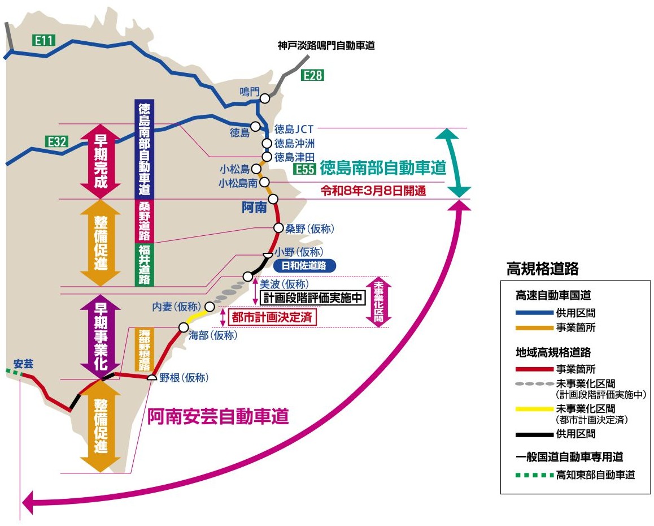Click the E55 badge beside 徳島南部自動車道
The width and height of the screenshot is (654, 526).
(304, 169)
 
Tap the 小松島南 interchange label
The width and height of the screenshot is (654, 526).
(238, 183)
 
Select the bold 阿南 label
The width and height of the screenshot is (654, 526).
(254, 209)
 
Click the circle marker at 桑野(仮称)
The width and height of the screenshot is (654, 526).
(278, 228)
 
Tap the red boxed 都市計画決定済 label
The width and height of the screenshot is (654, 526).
(272, 317)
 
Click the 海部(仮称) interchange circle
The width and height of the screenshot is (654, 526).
(184, 327)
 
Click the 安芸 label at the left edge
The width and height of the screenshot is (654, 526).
(24, 364)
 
